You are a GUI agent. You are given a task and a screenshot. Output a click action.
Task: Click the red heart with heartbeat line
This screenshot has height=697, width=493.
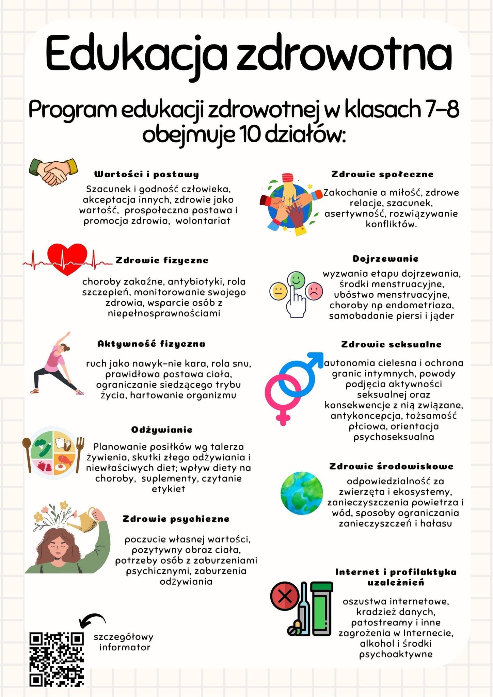67,259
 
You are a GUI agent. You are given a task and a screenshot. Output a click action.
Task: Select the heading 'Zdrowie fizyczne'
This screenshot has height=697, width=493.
162,260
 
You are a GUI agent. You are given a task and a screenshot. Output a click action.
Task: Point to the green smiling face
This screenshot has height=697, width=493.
296,279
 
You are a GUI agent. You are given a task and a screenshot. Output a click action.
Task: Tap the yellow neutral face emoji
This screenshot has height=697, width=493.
279,292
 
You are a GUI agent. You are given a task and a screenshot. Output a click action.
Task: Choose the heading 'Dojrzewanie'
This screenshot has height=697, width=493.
385,259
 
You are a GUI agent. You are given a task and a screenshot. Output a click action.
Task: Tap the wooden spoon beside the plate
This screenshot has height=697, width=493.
27,454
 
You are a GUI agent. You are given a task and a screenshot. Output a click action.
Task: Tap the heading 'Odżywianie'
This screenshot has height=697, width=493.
162,430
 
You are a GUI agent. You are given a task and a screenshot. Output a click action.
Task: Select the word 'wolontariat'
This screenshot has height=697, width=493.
203,221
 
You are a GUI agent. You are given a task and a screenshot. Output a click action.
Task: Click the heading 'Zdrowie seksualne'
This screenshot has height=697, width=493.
391,344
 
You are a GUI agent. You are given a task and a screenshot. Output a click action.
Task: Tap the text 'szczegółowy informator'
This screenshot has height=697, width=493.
124,642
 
